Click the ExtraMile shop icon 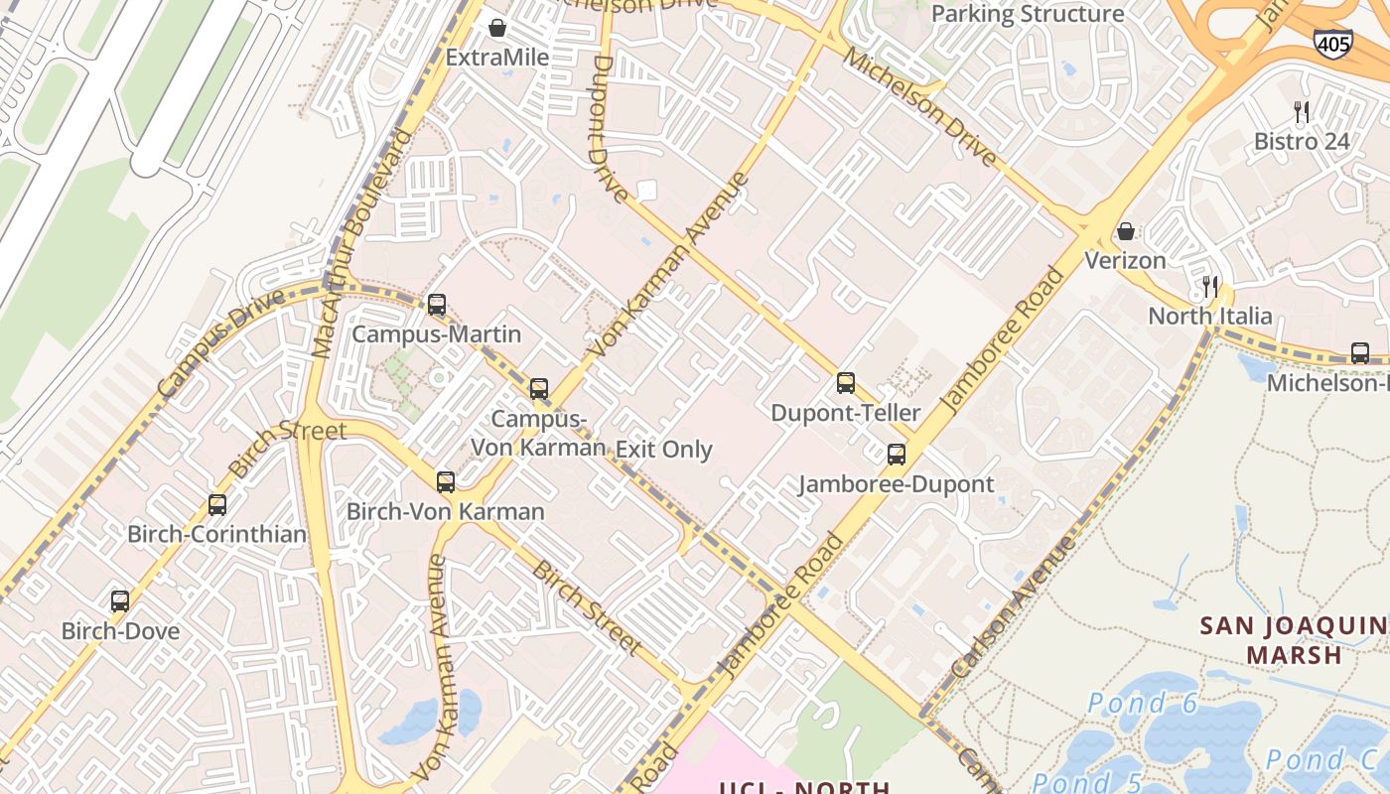pos(497,28)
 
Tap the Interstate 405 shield pos(1331,42)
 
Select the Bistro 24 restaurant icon pos(1303,112)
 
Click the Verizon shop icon pos(1126,231)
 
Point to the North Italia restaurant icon pos(1209,288)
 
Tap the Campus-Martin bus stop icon pos(437,305)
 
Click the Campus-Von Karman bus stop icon pos(539,388)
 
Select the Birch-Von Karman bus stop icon pos(446,482)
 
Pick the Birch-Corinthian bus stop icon pos(217,505)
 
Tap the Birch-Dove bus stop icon pos(120,601)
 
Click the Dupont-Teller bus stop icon pos(846,383)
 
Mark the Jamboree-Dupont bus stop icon pos(897,455)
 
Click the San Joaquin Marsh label pos(1294,640)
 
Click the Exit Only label pos(664,449)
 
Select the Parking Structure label pos(1028,14)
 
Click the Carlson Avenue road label pos(1013,607)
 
